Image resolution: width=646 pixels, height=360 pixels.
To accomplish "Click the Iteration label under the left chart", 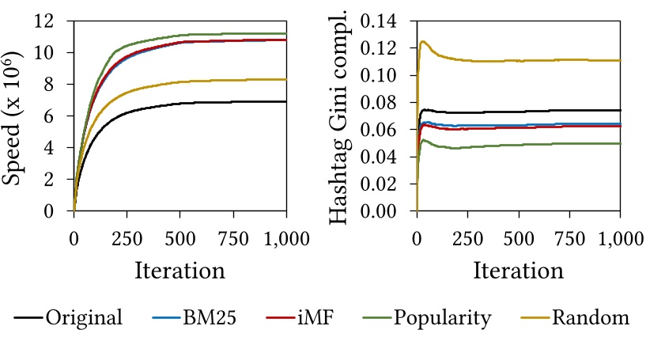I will pos(179,270).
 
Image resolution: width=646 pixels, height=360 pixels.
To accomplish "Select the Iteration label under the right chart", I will pos(518,270).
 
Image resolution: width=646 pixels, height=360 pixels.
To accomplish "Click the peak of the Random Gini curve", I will pos(424,41).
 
